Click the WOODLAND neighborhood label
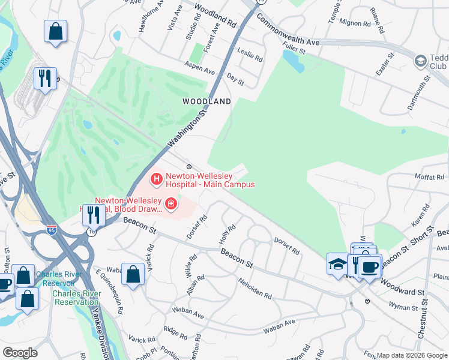point(206,102)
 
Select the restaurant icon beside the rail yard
point(45,79)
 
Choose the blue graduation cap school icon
point(338,263)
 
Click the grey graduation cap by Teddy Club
point(420,61)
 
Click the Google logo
point(20,353)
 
